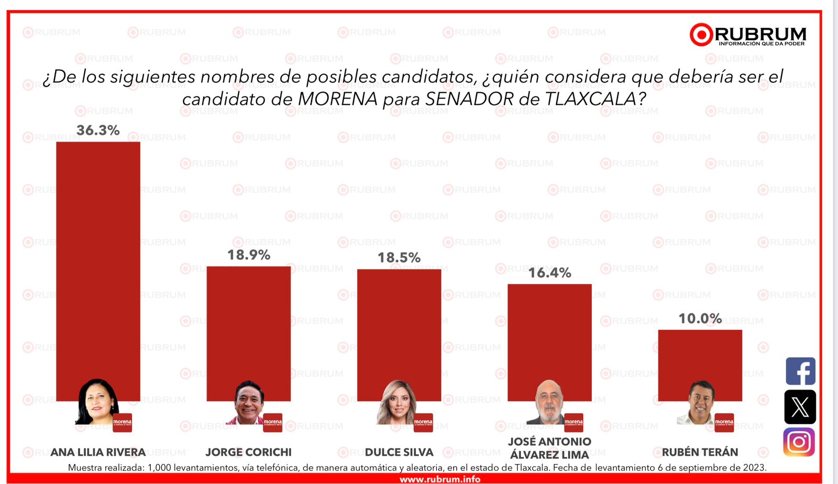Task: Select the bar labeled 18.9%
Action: tap(248, 325)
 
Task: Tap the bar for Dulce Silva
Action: tap(399, 325)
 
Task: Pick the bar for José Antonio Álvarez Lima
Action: tap(549, 335)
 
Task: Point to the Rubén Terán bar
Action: tap(700, 356)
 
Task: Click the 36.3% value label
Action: tap(98, 130)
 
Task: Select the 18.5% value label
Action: tap(399, 257)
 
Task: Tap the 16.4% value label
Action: tap(549, 272)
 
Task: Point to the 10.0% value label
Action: tap(700, 318)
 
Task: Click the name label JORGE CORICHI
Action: tap(248, 452)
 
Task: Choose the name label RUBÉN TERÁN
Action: tap(700, 452)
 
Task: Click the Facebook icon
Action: tap(800, 371)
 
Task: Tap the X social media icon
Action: tap(800, 407)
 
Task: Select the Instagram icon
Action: tap(799, 442)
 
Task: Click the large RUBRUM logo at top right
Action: tap(748, 35)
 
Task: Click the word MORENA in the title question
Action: tap(338, 98)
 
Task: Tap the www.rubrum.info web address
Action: tap(440, 479)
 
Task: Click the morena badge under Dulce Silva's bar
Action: tap(423, 422)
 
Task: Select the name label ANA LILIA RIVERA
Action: tap(98, 452)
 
